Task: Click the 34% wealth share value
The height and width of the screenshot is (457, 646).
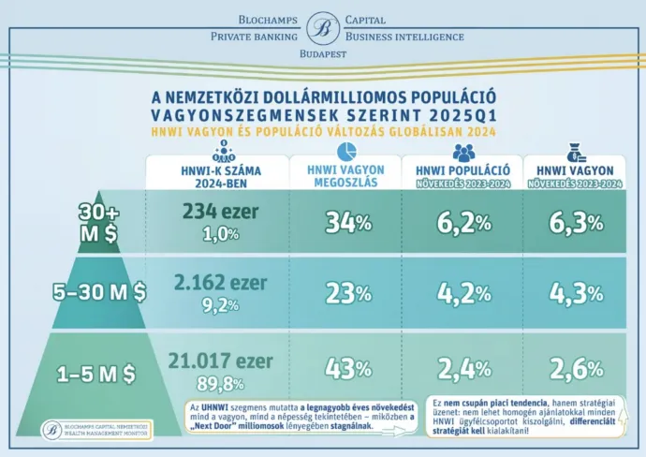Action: pyautogui.click(x=348, y=223)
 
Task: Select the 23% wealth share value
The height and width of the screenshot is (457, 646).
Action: pyautogui.click(x=348, y=293)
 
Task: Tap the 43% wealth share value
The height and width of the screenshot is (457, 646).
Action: pyautogui.click(x=348, y=368)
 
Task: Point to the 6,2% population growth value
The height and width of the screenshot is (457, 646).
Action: pyautogui.click(x=463, y=223)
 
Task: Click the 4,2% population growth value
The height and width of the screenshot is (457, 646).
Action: pyautogui.click(x=463, y=293)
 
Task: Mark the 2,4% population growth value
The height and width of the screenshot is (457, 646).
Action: pyautogui.click(x=463, y=368)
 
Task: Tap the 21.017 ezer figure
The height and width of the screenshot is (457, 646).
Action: pyautogui.click(x=221, y=361)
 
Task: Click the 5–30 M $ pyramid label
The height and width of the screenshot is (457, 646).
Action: pyautogui.click(x=99, y=292)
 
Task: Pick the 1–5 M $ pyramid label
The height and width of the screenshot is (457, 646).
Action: pyautogui.click(x=96, y=373)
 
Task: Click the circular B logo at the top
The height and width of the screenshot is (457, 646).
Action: pyautogui.click(x=323, y=28)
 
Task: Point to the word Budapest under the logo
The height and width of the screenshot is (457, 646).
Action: pyautogui.click(x=323, y=55)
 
